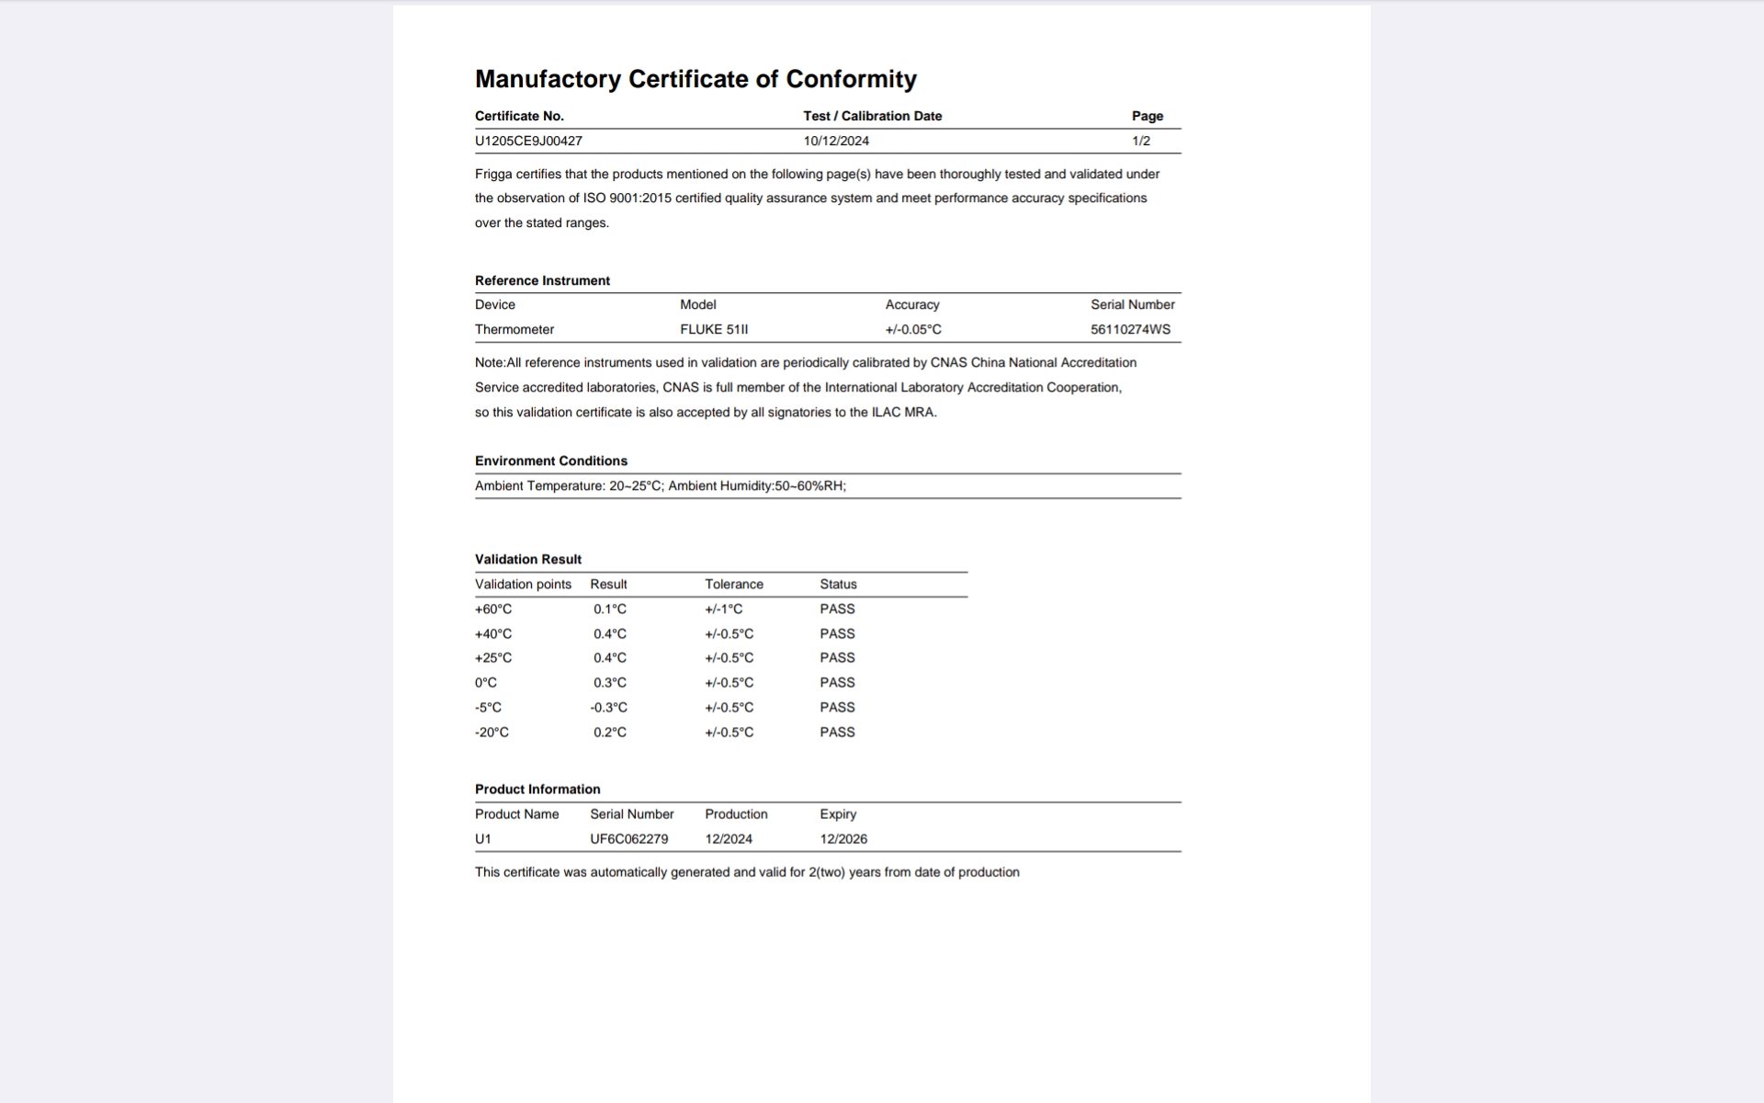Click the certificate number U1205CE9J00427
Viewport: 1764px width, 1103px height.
(x=528, y=141)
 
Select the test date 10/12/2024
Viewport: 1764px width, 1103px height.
(x=836, y=141)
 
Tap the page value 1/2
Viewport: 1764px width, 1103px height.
(x=1141, y=141)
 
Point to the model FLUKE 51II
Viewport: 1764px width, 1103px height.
(x=714, y=329)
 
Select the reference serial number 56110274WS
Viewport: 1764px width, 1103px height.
(x=1130, y=329)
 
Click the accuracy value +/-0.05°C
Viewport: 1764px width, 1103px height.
(x=913, y=329)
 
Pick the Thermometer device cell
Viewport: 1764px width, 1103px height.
(x=514, y=329)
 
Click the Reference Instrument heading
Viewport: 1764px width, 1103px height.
(x=542, y=280)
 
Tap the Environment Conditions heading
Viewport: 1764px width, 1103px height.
(x=551, y=461)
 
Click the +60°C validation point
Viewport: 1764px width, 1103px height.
(x=493, y=608)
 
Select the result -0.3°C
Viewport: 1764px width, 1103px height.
(x=608, y=707)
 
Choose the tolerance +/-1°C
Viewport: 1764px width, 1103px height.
(x=724, y=608)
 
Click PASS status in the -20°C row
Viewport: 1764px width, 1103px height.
(x=837, y=732)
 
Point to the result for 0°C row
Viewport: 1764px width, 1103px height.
(x=609, y=682)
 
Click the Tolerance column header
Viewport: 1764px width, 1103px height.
(x=734, y=584)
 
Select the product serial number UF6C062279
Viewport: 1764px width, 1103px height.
(x=629, y=838)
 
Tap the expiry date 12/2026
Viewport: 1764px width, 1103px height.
(x=843, y=838)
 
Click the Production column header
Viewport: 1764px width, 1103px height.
(x=736, y=813)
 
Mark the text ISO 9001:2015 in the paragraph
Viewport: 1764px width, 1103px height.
(x=627, y=198)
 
